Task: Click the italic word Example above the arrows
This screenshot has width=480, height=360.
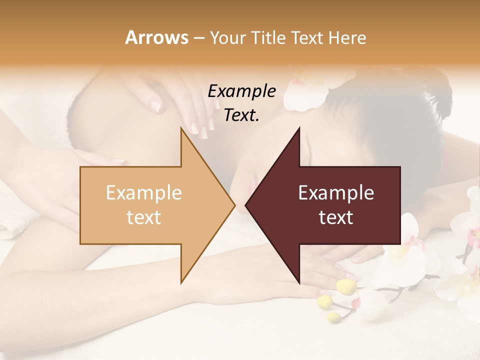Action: coord(242,91)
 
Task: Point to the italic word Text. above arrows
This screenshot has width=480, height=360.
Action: coord(242,115)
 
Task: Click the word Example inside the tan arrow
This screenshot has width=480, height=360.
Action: coord(144,193)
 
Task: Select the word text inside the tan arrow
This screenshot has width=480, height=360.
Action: coord(144,217)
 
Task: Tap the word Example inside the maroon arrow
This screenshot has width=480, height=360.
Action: coord(336,193)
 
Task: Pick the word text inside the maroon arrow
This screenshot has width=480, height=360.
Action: coord(336,217)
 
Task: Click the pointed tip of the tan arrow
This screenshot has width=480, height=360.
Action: coord(234,205)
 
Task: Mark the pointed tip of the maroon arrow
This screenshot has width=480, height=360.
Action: coord(246,205)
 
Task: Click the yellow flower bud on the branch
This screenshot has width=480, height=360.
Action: coord(344,286)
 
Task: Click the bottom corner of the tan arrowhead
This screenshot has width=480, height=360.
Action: coord(181,282)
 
